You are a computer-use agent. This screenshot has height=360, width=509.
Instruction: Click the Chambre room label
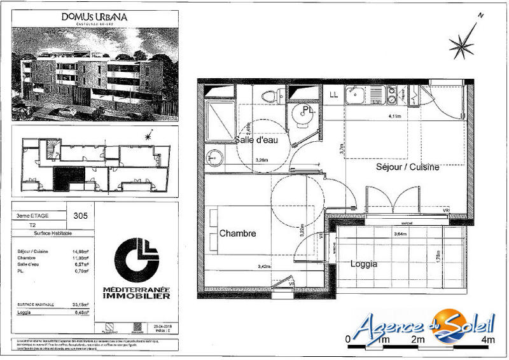point(238,233)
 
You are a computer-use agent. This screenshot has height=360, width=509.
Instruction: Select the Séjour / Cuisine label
point(408,167)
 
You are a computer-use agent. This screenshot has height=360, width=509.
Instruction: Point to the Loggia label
point(364,263)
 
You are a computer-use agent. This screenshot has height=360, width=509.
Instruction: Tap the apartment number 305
point(81,216)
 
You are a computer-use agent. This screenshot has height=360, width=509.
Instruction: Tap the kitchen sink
point(354,96)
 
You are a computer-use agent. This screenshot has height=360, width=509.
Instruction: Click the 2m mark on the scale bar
point(417,340)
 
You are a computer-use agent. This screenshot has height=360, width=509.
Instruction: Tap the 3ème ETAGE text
point(33,216)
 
